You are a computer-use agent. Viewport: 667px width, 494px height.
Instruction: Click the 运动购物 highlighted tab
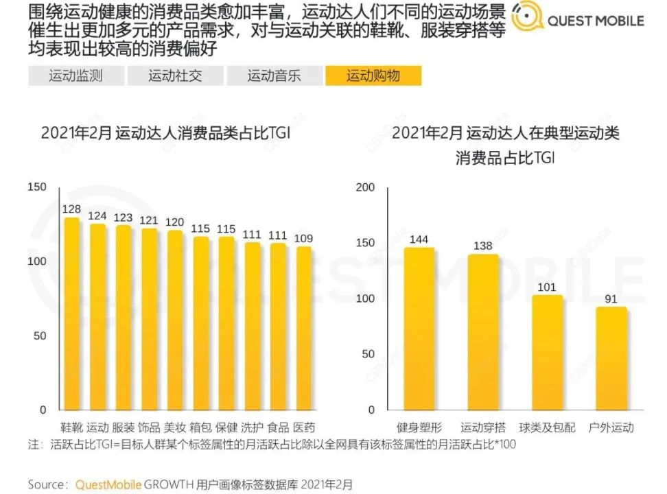pyautogui.click(x=373, y=76)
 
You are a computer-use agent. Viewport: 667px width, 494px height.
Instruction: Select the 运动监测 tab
pyautogui.click(x=75, y=76)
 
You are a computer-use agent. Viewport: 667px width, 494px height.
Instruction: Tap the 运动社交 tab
pyautogui.click(x=175, y=76)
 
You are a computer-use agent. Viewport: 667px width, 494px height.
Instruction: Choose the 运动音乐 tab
pyautogui.click(x=274, y=76)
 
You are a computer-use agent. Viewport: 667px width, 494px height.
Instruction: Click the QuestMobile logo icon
pyautogui.click(x=526, y=20)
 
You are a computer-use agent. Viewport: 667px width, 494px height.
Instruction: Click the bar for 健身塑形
pyautogui.click(x=419, y=329)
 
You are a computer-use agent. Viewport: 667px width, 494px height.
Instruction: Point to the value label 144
pyautogui.click(x=419, y=239)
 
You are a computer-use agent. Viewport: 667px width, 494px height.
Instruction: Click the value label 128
pyautogui.click(x=71, y=209)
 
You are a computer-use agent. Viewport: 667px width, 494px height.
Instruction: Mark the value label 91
pyautogui.click(x=611, y=298)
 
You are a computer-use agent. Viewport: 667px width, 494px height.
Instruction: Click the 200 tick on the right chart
pyautogui.click(x=366, y=187)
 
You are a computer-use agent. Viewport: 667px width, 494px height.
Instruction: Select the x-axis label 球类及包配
pyautogui.click(x=547, y=427)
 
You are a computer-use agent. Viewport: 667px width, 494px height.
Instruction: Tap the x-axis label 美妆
pyautogui.click(x=175, y=427)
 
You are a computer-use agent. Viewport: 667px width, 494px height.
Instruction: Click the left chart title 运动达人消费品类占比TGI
pyautogui.click(x=165, y=133)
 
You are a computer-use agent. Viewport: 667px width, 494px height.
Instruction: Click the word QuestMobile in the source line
pyautogui.click(x=108, y=484)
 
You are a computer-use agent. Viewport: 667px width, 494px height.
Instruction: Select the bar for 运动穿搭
pyautogui.click(x=483, y=332)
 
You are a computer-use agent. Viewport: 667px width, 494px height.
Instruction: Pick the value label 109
pyautogui.click(x=304, y=238)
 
